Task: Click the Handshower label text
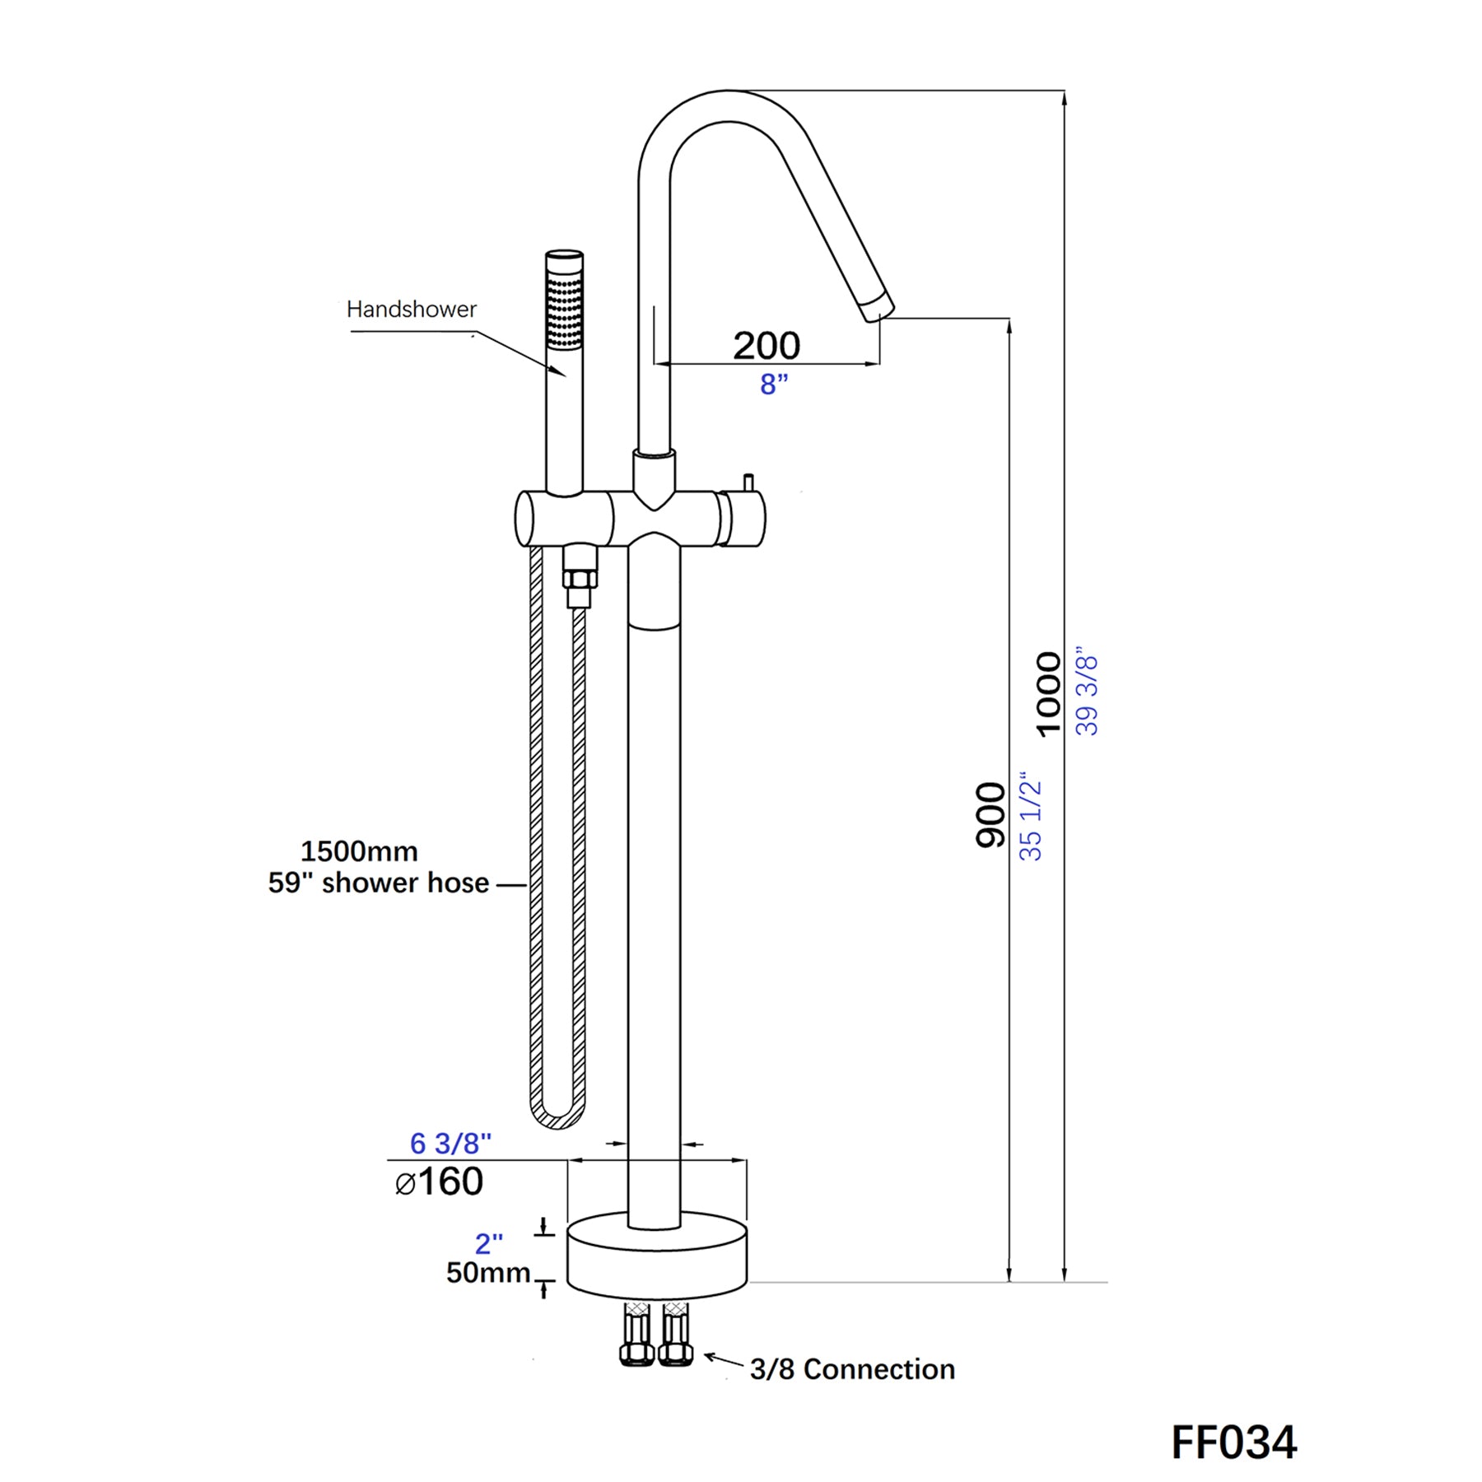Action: [x=411, y=310]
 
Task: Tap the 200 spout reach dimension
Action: [x=766, y=345]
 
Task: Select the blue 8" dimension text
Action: [x=773, y=384]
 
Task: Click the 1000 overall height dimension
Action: [x=1048, y=694]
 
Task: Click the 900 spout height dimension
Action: [x=990, y=815]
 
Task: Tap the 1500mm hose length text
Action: [x=359, y=851]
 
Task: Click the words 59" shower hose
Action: [x=379, y=883]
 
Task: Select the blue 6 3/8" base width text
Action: [x=450, y=1143]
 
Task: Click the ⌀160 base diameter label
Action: [x=439, y=1182]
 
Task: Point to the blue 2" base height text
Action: [x=489, y=1243]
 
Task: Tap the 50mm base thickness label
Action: [x=488, y=1273]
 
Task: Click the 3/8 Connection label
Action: [x=852, y=1369]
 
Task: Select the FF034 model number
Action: [x=1233, y=1442]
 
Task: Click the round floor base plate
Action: [x=656, y=1260]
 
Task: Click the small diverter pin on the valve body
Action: [x=748, y=482]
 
